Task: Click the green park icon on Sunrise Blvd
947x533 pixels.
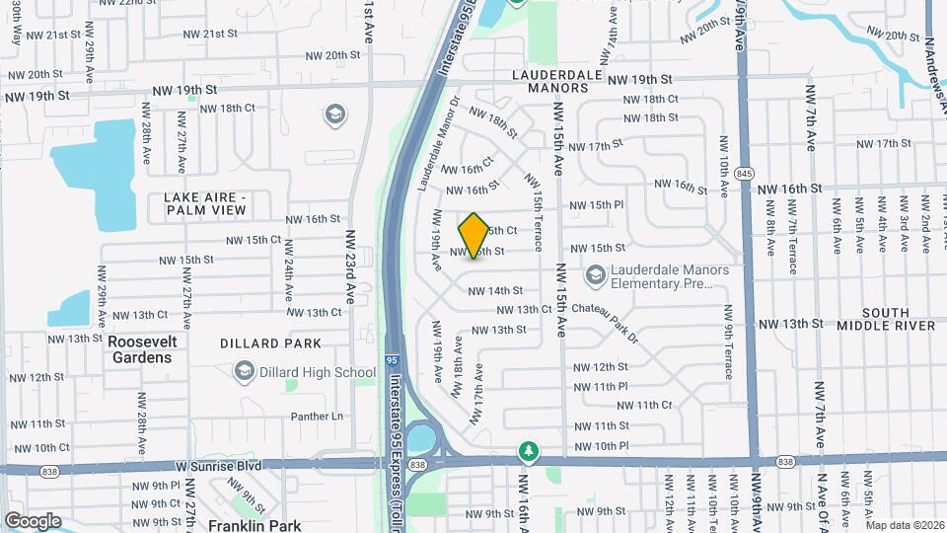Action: [530, 451]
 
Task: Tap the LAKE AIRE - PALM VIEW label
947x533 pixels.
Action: [204, 203]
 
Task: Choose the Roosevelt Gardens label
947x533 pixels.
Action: [140, 348]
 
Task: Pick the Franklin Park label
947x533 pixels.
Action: [255, 526]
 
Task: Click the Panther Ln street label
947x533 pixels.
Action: [316, 417]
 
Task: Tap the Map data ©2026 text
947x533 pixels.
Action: [904, 525]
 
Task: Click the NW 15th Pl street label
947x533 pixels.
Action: [597, 205]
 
